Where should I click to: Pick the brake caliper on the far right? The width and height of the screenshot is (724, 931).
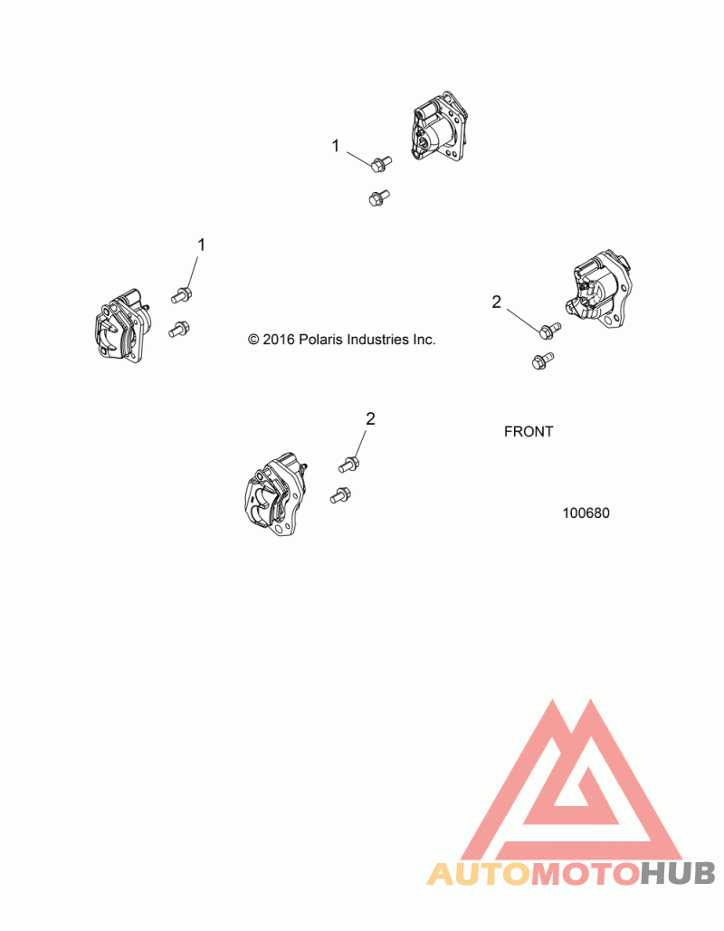pos(599,289)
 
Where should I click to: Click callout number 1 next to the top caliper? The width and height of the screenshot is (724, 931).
pos(336,145)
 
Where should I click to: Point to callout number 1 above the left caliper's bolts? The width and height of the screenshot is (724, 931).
pos(202,245)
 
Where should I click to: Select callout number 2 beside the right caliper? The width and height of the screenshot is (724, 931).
pos(496,302)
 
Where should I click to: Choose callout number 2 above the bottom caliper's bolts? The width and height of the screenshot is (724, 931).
pos(370,418)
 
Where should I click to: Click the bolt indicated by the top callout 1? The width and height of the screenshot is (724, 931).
pos(380,164)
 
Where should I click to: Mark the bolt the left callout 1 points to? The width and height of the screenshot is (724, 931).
pos(182,293)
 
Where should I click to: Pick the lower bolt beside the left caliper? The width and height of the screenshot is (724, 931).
pos(178,330)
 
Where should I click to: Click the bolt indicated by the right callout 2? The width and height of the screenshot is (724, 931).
pos(549,330)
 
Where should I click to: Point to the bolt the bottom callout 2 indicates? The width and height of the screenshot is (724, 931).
pos(348,464)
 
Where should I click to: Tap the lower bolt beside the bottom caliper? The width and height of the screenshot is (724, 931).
pos(340,495)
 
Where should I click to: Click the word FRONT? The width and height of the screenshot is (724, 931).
pos(529,432)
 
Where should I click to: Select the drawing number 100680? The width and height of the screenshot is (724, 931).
pos(586,513)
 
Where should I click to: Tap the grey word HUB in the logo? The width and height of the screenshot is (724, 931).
pos(679,873)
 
